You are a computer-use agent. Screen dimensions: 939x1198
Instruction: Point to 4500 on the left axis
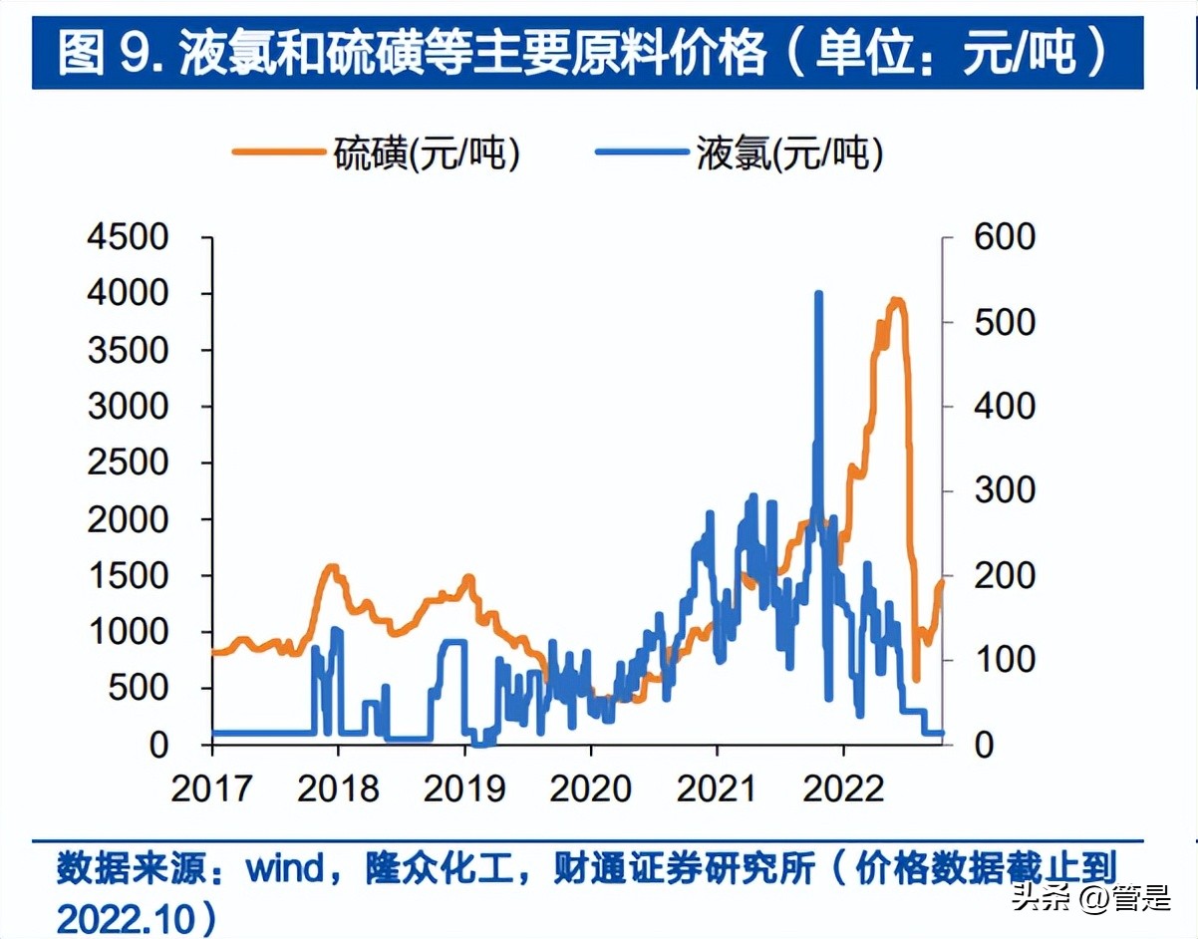pyautogui.click(x=130, y=238)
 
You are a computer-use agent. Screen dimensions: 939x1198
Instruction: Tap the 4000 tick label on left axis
pyautogui.click(x=130, y=294)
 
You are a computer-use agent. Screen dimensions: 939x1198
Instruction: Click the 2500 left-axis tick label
pyautogui.click(x=130, y=464)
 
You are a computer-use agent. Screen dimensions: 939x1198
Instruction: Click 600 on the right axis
pyautogui.click(x=1005, y=238)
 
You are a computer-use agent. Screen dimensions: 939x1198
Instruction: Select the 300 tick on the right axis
pyautogui.click(x=1005, y=491)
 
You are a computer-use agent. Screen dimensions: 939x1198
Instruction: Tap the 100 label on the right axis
pyautogui.click(x=1005, y=660)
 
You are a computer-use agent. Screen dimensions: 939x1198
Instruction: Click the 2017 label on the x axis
pyautogui.click(x=212, y=788)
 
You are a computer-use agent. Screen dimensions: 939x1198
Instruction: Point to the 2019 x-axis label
pyautogui.click(x=464, y=788)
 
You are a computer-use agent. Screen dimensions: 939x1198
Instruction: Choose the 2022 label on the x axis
pyautogui.click(x=843, y=788)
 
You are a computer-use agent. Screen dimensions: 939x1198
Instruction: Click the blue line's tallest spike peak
pyautogui.click(x=818, y=294)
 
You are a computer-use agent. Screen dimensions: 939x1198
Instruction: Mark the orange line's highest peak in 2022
pyautogui.click(x=896, y=300)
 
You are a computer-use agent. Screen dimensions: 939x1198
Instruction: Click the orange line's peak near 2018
pyautogui.click(x=332, y=567)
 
